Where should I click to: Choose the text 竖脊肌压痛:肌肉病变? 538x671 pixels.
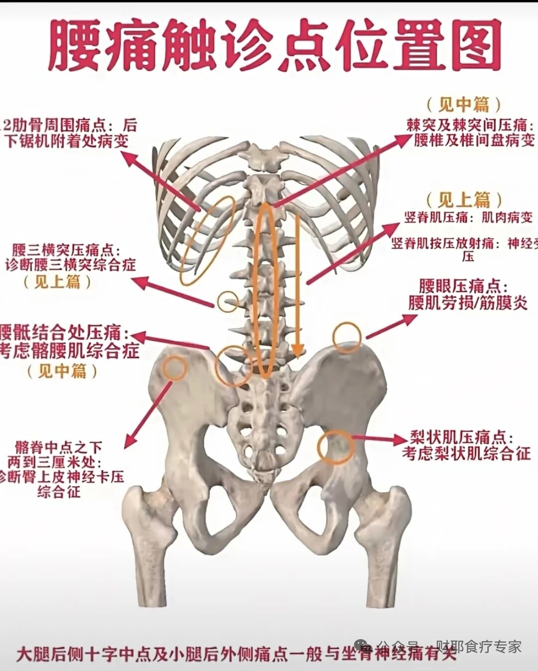pyautogui.click(x=469, y=217)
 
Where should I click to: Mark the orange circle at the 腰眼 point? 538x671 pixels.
pyautogui.click(x=347, y=337)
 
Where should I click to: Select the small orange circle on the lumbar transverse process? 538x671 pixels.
pyautogui.click(x=228, y=301)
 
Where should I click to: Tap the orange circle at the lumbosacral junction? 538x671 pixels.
pyautogui.click(x=233, y=365)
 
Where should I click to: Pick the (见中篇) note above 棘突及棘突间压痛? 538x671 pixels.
pyautogui.click(x=463, y=104)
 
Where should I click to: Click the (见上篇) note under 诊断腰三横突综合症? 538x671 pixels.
pyautogui.click(x=58, y=282)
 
